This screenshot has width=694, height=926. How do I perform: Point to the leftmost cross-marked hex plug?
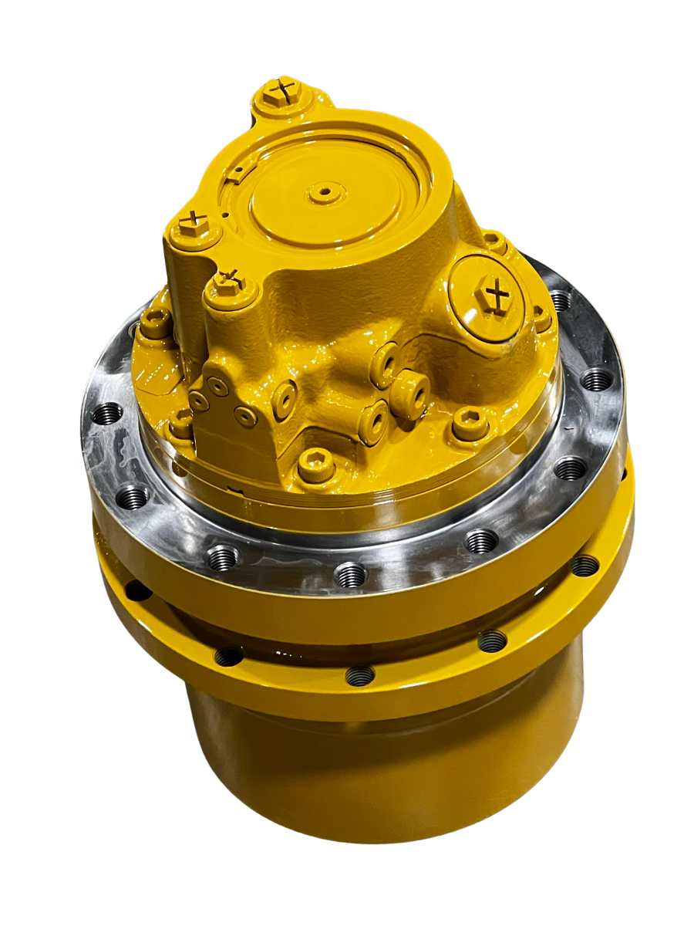pyautogui.click(x=190, y=225)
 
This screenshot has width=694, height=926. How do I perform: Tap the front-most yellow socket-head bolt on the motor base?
pyautogui.click(x=316, y=465)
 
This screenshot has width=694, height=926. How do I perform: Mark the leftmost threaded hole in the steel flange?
pyautogui.click(x=107, y=414)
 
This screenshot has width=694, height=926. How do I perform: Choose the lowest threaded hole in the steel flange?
pyautogui.click(x=351, y=573)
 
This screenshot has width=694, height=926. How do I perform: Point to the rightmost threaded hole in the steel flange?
pyautogui.click(x=597, y=378)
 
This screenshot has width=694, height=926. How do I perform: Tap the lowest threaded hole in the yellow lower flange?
pyautogui.click(x=359, y=675)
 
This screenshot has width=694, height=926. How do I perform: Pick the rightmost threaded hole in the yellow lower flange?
pyautogui.click(x=584, y=566)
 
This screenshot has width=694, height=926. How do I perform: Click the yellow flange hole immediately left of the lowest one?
pyautogui.click(x=228, y=656)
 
